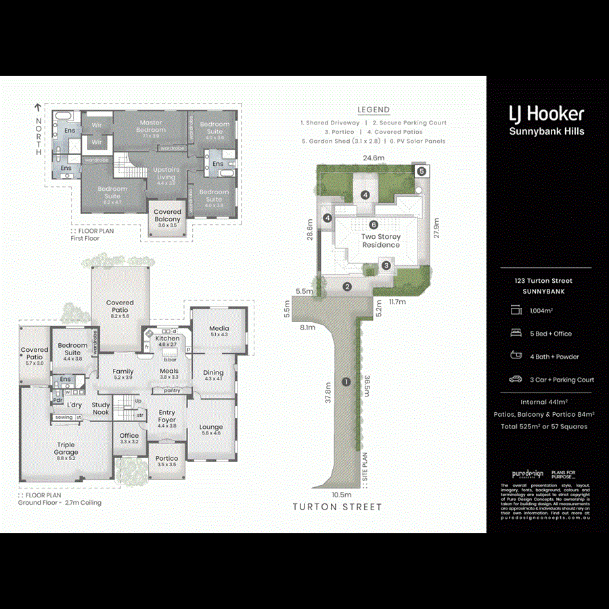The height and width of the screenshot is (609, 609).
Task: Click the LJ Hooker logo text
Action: (546, 114)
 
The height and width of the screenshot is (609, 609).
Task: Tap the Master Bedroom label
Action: (151, 127)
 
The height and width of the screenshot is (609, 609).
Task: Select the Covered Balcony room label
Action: (167, 216)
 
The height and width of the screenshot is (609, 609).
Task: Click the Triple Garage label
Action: (66, 449)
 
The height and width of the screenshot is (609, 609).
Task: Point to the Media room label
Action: (219, 329)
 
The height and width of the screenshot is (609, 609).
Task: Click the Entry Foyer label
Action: (166, 416)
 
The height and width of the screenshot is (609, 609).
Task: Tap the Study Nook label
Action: (101, 409)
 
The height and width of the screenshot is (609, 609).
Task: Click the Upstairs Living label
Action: (166, 173)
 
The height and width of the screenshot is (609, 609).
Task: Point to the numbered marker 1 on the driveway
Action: (346, 382)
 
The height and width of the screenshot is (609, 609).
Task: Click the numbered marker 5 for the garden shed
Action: (420, 171)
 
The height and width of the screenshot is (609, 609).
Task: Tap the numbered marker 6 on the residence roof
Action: (372, 225)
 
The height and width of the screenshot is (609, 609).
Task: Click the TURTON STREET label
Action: (337, 507)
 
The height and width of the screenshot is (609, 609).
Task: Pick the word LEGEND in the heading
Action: (374, 110)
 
